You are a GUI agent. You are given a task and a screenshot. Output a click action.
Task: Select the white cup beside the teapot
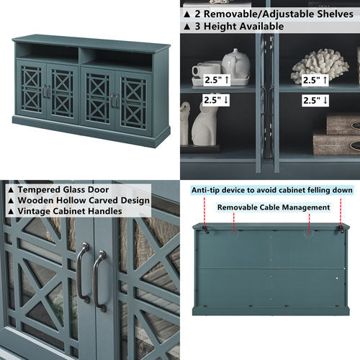[x=207, y=70]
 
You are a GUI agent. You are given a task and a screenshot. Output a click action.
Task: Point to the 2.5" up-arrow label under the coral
[x=316, y=81]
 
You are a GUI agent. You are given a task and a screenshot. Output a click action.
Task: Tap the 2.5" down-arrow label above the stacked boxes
[x=316, y=100]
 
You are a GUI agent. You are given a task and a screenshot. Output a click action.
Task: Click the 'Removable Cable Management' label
[x=274, y=207]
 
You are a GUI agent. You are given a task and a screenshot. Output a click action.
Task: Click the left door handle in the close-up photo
[x=83, y=271]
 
